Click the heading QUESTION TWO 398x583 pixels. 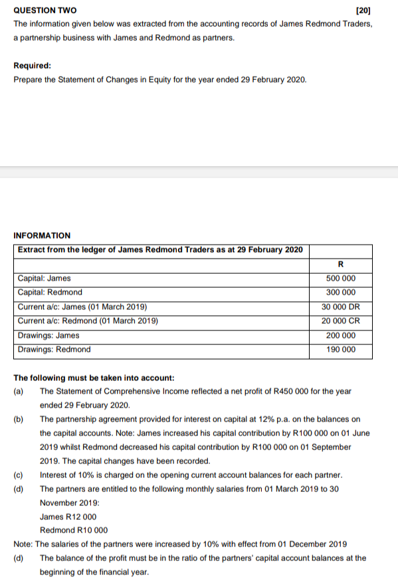tap(45, 11)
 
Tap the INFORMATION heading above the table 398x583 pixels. tap(42, 235)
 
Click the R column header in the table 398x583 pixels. tap(341, 264)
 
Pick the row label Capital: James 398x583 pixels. tap(44, 279)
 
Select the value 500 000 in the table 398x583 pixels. tap(341, 279)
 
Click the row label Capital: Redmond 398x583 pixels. tap(50, 292)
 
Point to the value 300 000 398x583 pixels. tap(341, 292)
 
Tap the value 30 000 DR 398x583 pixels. tap(341, 307)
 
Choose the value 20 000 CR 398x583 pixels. tap(341, 321)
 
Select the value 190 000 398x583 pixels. tap(341, 350)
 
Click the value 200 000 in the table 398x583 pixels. tap(341, 336)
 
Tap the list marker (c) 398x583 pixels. tap(19, 475)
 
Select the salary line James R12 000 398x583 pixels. tap(68, 517)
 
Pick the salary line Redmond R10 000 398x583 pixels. tap(74, 530)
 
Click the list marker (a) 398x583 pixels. tap(19, 392)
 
